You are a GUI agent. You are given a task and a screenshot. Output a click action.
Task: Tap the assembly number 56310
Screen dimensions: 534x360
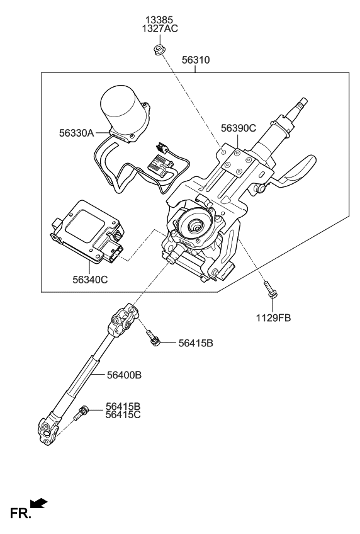click(x=196, y=60)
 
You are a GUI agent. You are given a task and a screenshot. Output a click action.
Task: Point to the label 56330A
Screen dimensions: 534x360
click(x=77, y=133)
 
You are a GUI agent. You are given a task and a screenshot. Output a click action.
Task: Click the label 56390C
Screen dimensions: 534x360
click(x=238, y=128)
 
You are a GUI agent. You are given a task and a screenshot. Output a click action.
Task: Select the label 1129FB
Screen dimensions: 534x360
click(x=273, y=318)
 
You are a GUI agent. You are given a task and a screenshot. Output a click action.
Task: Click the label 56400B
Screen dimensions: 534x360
click(x=123, y=375)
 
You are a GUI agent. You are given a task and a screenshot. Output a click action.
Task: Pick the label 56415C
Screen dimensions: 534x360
click(x=123, y=416)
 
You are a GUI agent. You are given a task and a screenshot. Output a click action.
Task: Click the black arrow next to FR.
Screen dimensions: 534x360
click(x=39, y=503)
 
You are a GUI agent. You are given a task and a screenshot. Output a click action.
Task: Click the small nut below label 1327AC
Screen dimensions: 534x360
click(x=159, y=49)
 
